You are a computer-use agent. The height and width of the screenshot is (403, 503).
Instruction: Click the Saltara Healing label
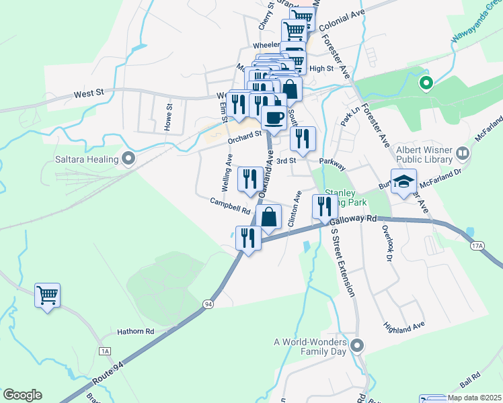point(87,160)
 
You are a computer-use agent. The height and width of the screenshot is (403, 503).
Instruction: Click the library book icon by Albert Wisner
point(462,154)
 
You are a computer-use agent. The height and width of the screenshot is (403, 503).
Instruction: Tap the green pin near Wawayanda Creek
point(425,84)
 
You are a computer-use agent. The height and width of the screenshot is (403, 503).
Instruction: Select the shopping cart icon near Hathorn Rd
point(47,295)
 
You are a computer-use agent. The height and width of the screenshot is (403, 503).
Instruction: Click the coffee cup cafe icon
point(272,118)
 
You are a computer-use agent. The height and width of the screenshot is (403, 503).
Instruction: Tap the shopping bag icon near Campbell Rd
point(268,217)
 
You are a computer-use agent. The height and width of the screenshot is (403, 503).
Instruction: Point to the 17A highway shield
point(477,246)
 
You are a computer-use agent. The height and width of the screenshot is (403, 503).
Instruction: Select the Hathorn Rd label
point(135,331)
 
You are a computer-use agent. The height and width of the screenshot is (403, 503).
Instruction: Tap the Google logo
point(22,395)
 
